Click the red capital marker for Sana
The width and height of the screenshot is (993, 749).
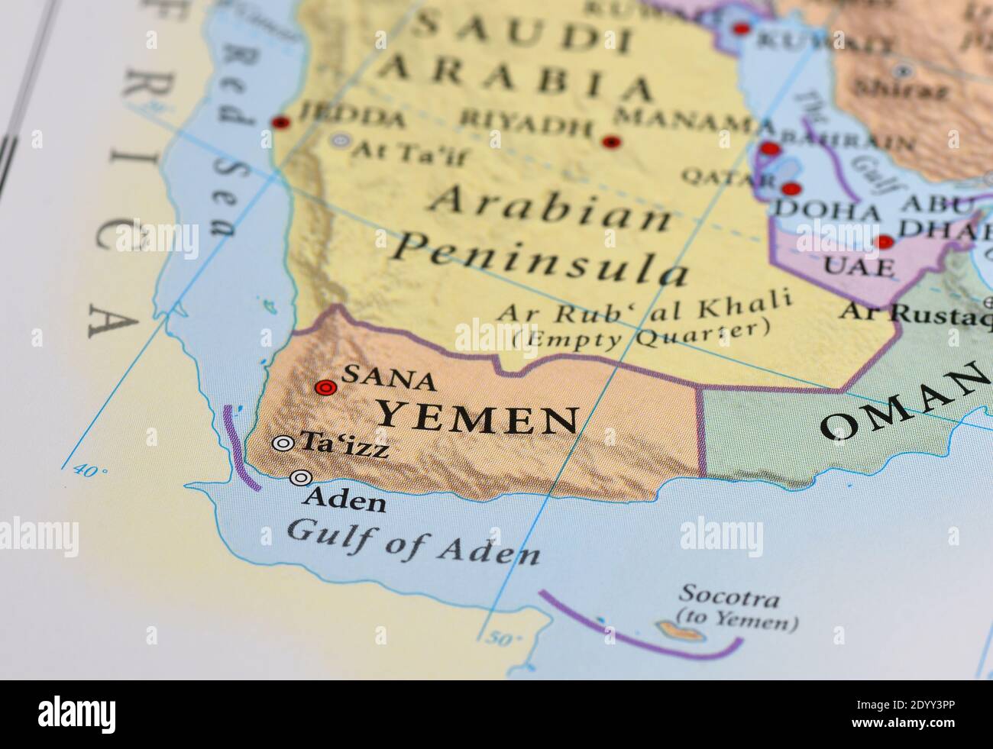[326, 388]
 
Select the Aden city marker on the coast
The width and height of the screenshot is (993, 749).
[301, 478]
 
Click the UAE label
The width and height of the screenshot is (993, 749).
[859, 266]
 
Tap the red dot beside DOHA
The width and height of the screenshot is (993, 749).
[791, 189]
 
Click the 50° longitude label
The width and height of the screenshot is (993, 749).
[503, 639]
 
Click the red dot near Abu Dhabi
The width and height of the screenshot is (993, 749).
[885, 242]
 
